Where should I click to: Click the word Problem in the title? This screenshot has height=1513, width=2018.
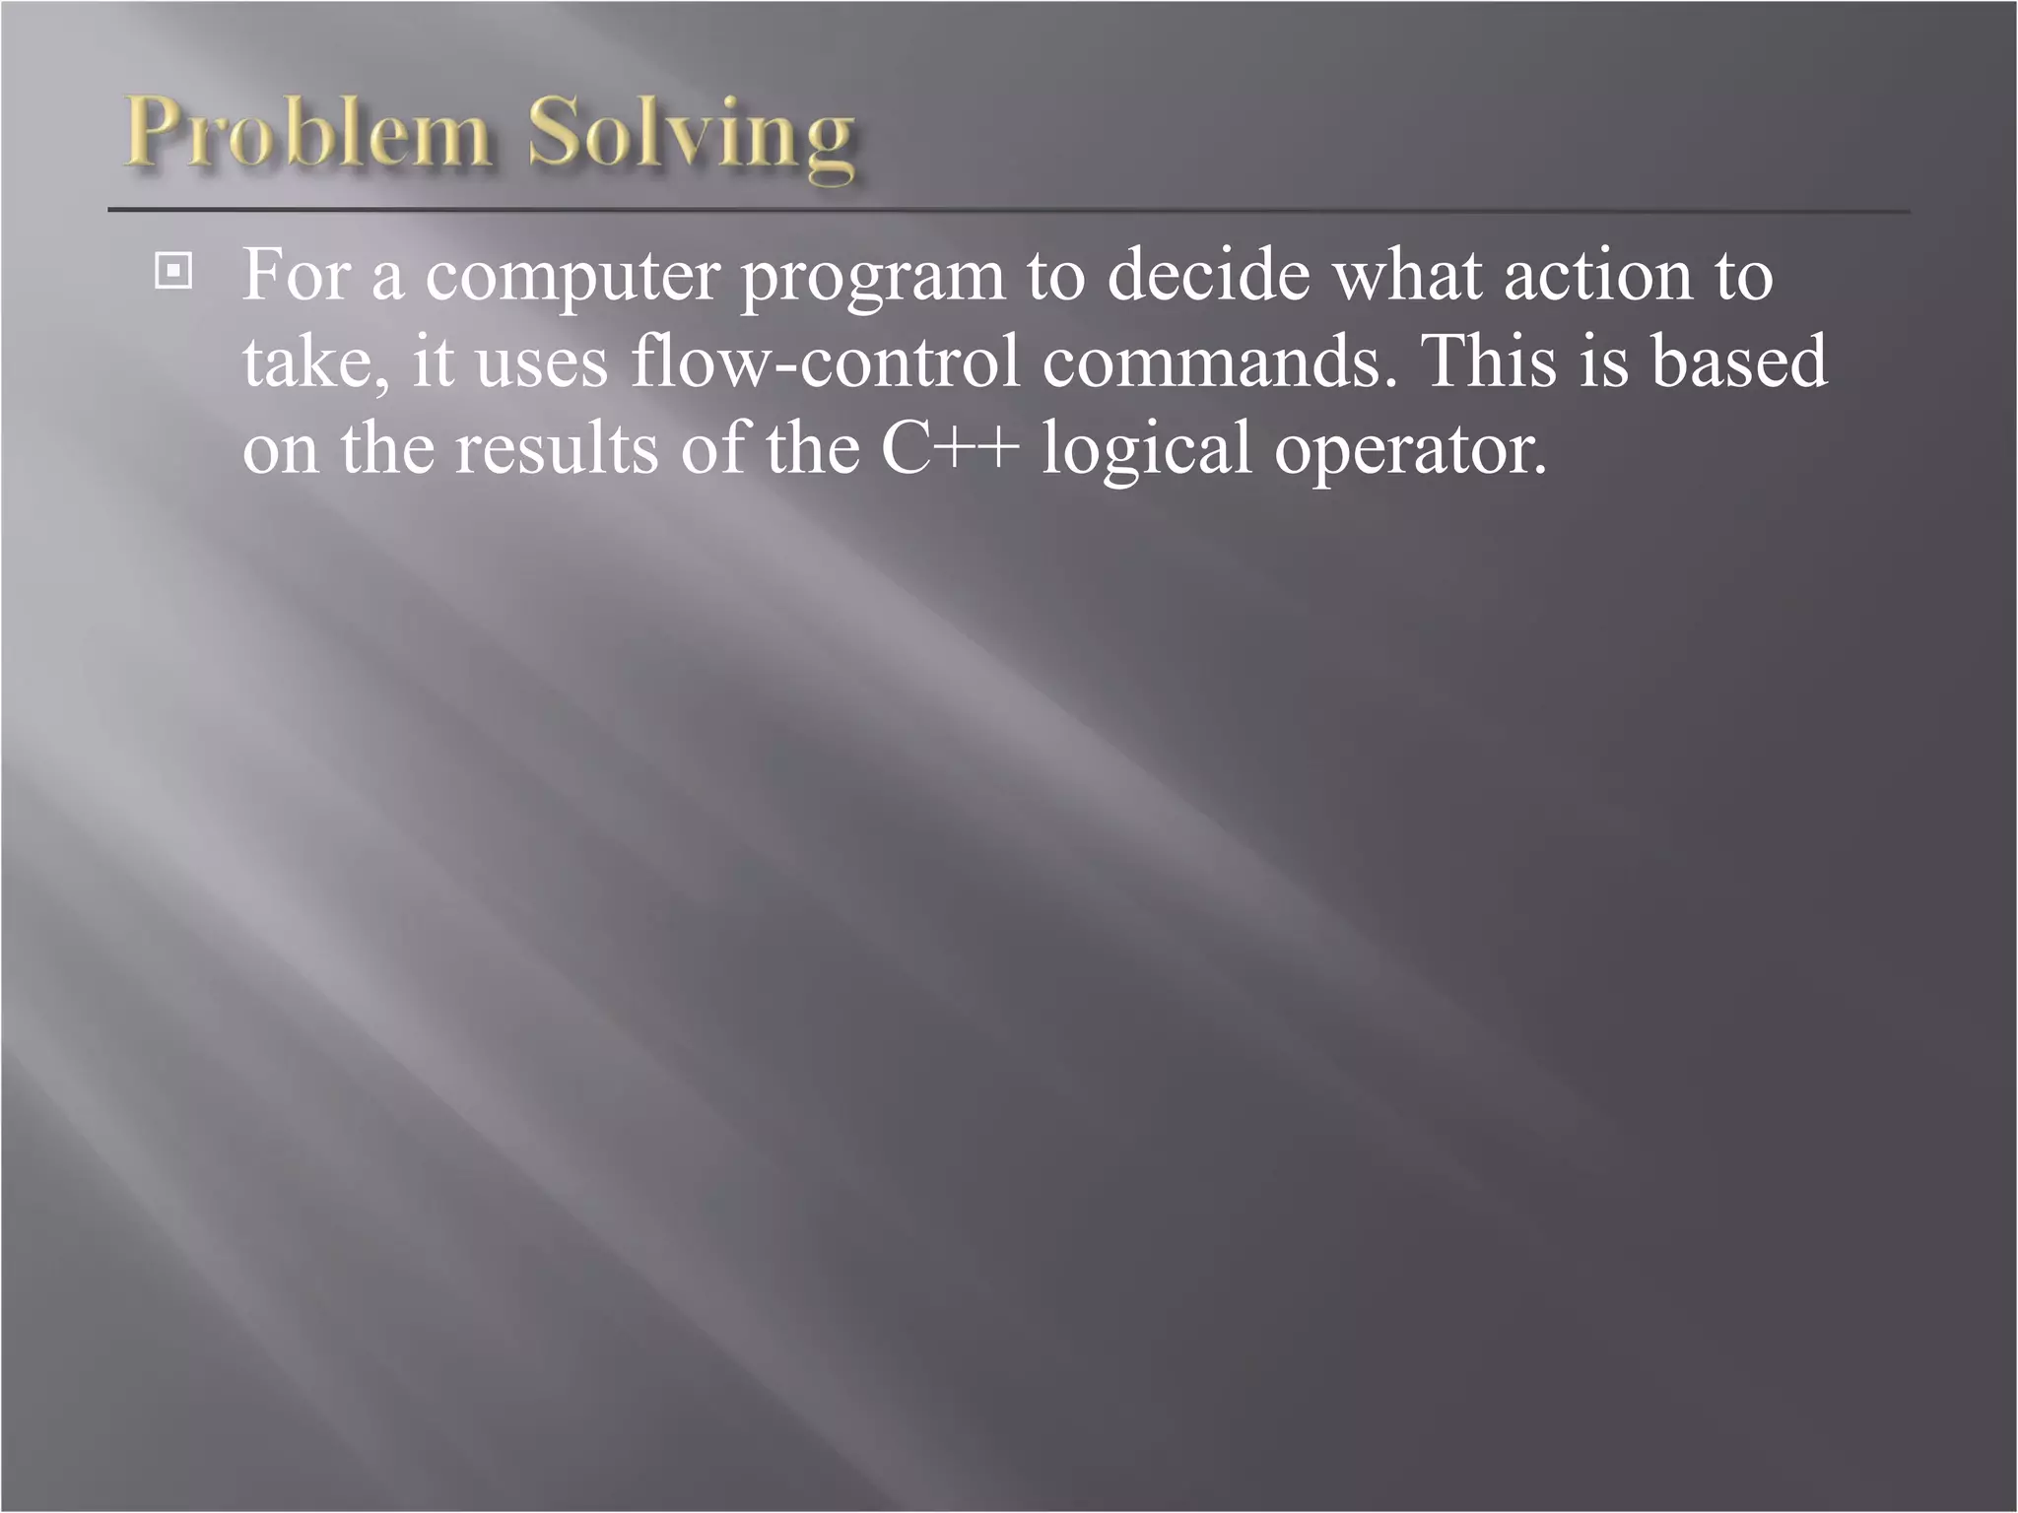(307, 133)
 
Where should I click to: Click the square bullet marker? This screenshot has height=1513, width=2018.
(173, 271)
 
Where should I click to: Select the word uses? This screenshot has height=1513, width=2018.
(542, 362)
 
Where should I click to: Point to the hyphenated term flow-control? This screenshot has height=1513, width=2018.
(826, 361)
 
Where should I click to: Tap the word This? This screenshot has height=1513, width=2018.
(1488, 361)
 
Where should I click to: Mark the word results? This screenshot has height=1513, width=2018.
(556, 448)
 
